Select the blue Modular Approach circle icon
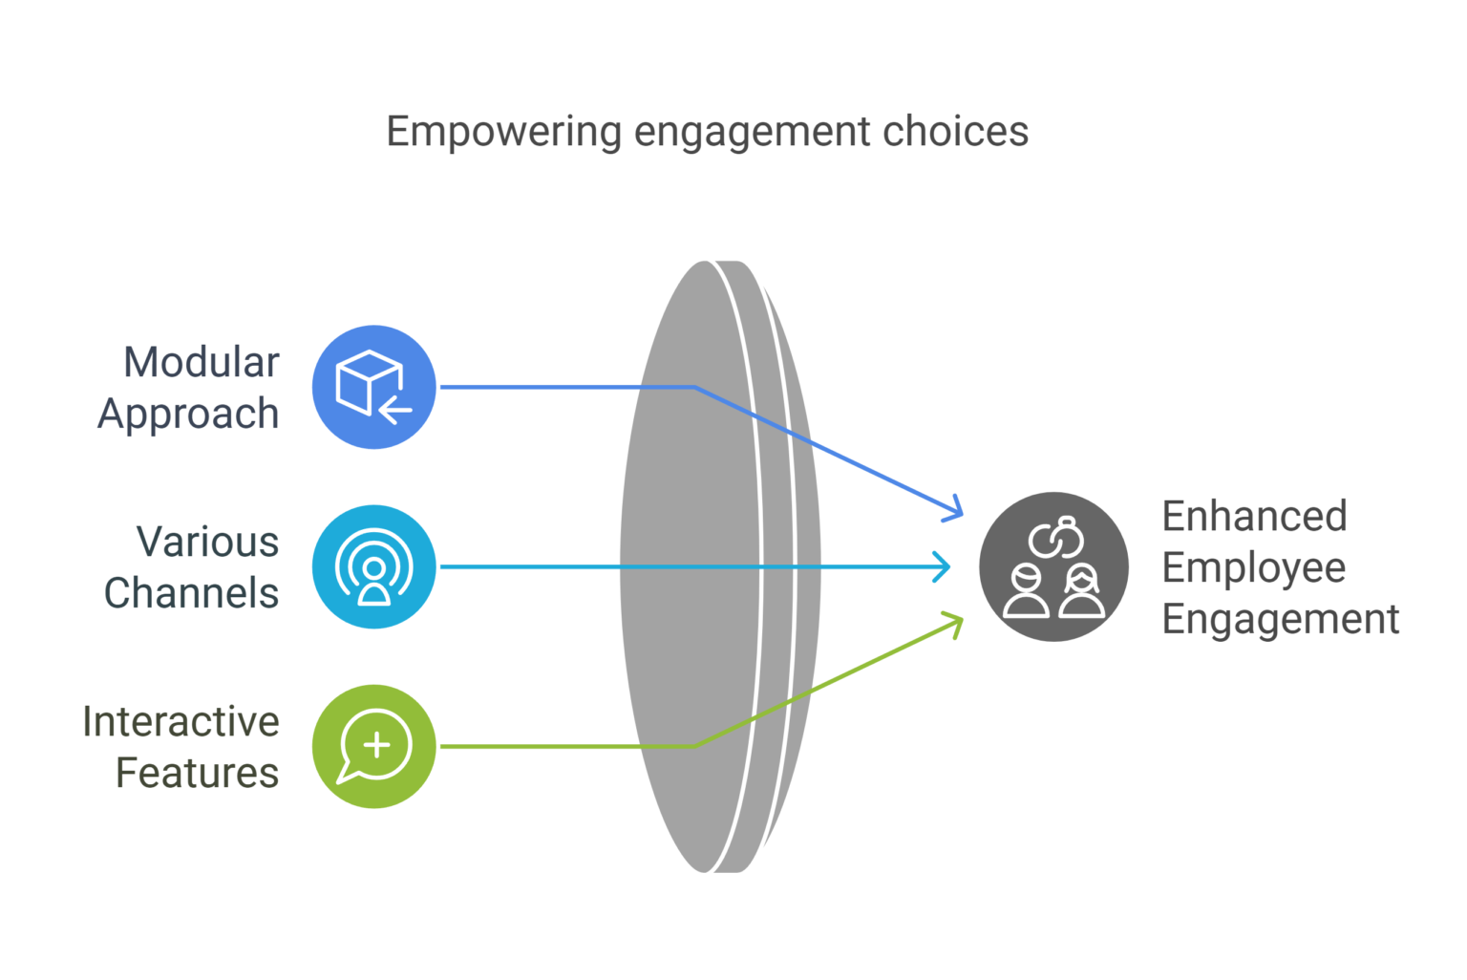click(x=373, y=386)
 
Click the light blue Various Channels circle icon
click(x=373, y=566)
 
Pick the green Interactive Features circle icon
click(x=373, y=746)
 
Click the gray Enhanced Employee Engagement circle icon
click(x=1053, y=566)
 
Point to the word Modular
click(x=202, y=363)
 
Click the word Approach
click(x=188, y=415)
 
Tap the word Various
click(x=207, y=542)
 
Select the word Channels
click(x=191, y=593)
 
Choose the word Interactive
click(x=181, y=721)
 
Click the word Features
click(x=197, y=773)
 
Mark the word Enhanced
click(x=1254, y=516)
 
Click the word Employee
click(x=1253, y=568)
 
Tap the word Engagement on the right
click(x=1280, y=620)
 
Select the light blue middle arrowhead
click(x=945, y=566)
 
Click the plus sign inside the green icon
click(x=377, y=744)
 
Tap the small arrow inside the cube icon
click(x=394, y=411)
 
